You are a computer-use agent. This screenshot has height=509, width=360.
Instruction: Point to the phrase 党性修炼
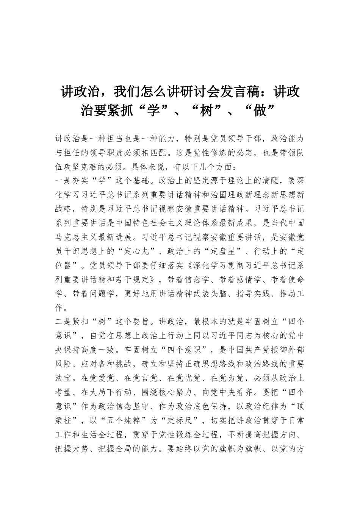point(224,153)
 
